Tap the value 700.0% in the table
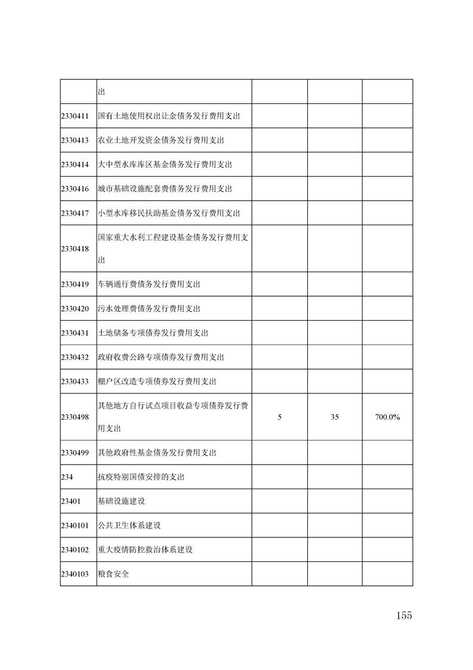click(387, 417)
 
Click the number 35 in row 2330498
click(335, 417)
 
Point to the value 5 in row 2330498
click(280, 417)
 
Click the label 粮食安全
click(113, 574)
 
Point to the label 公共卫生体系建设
click(129, 525)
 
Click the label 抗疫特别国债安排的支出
click(141, 477)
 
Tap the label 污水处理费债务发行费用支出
click(149, 309)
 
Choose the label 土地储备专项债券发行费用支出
click(153, 333)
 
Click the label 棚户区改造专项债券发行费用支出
click(156, 381)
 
